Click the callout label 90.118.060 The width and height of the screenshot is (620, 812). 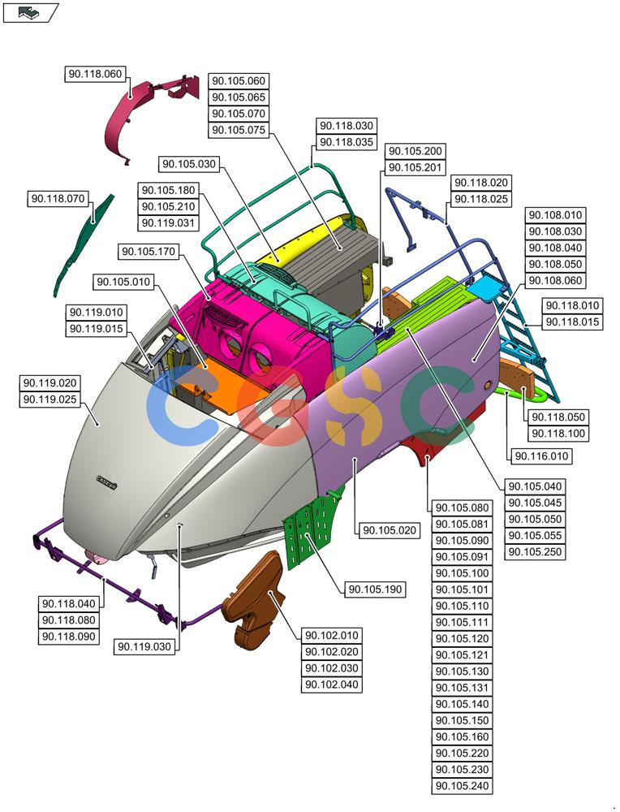[x=95, y=74]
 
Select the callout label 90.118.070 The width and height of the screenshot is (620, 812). [x=58, y=198]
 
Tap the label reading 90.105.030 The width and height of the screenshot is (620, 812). [x=189, y=164]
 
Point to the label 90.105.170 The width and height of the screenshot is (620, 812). [x=149, y=252]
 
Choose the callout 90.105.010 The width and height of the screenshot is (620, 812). [x=123, y=282]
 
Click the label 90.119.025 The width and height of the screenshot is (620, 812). [x=50, y=400]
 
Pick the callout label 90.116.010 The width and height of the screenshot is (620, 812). [x=541, y=456]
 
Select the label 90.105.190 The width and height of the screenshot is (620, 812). [x=375, y=590]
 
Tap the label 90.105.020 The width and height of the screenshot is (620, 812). [x=390, y=530]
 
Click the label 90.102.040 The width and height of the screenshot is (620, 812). [x=331, y=685]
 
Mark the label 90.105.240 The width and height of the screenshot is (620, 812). [x=462, y=786]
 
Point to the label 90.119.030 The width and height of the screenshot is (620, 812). [x=144, y=647]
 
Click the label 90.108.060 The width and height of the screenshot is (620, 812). [x=555, y=281]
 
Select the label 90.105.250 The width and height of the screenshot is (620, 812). [x=535, y=552]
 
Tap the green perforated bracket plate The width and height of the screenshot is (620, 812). [x=311, y=531]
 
